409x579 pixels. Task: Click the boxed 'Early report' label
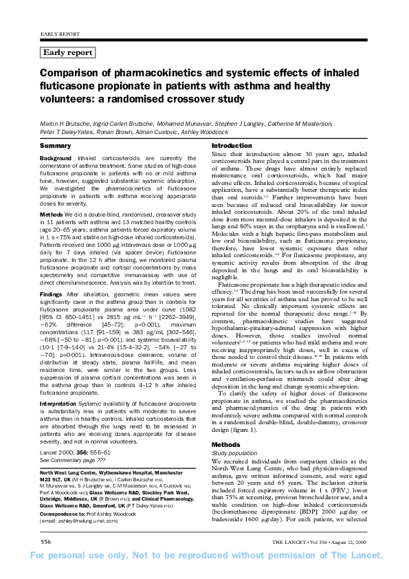[x=68, y=52]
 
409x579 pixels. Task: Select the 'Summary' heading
[x=55, y=146]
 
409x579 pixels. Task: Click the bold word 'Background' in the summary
[x=56, y=158]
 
